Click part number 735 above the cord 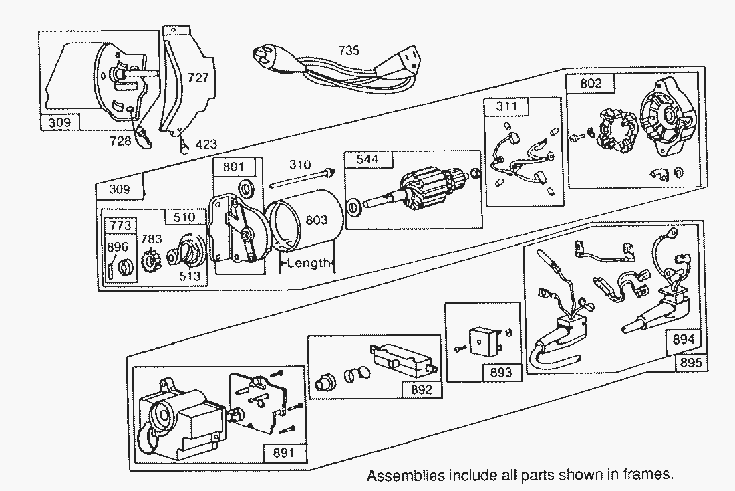pyautogui.click(x=349, y=50)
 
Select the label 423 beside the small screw pyautogui.click(x=204, y=143)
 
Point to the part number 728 pyautogui.click(x=120, y=141)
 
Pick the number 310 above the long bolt pyautogui.click(x=300, y=165)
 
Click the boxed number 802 pyautogui.click(x=591, y=84)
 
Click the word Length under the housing pyautogui.click(x=309, y=263)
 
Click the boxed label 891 pyautogui.click(x=284, y=453)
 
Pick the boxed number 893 pyautogui.click(x=500, y=372)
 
